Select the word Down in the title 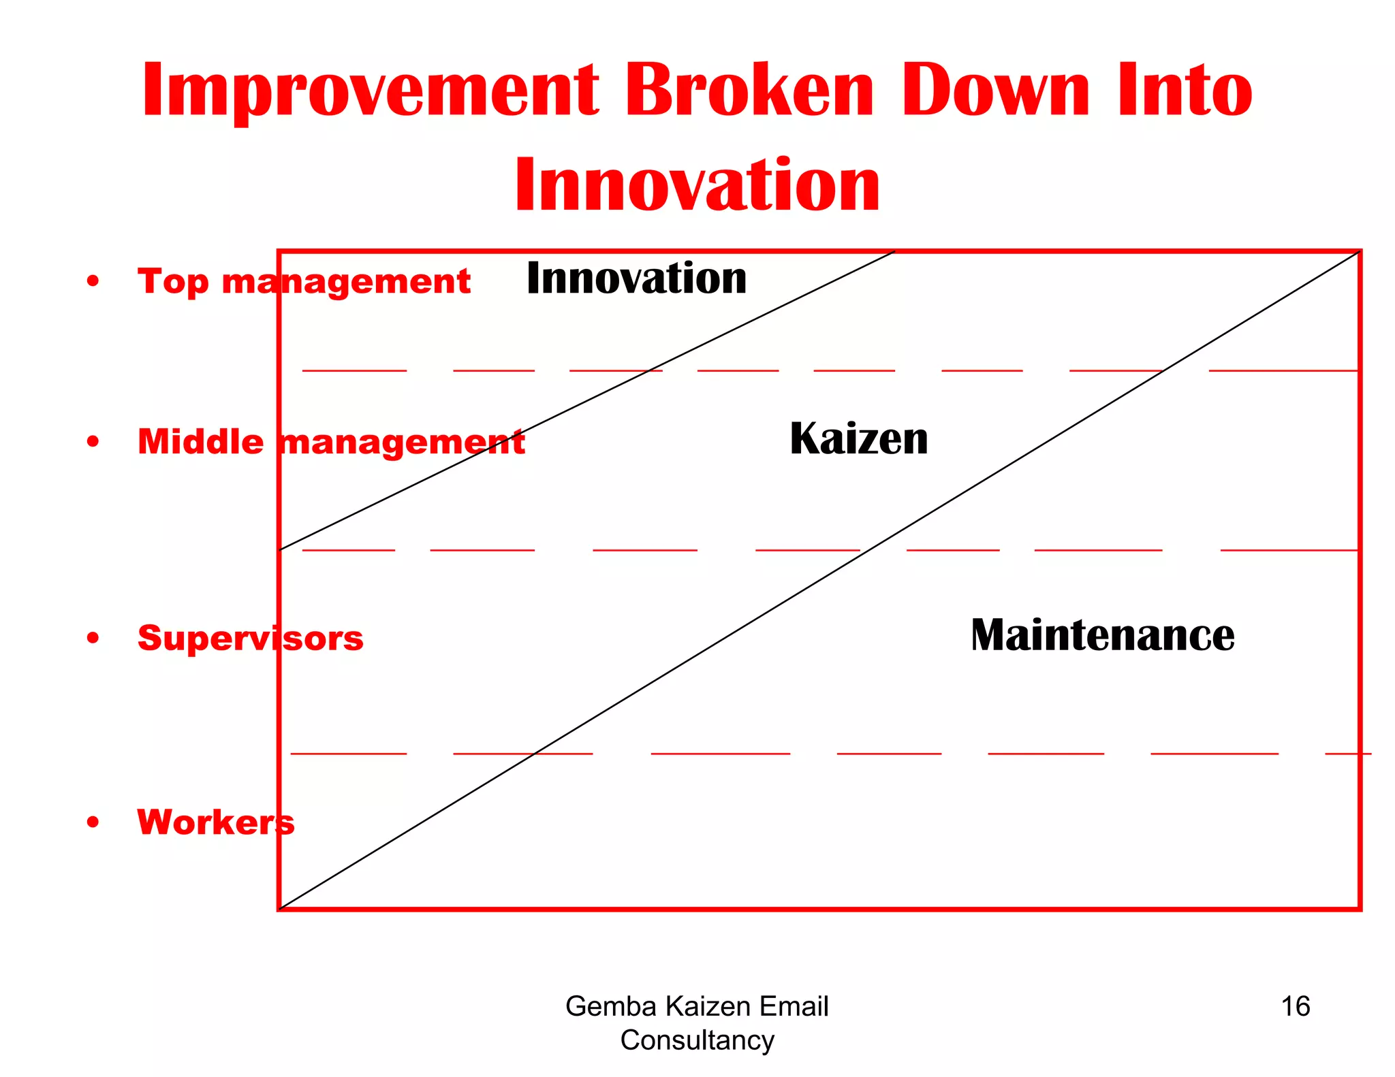[x=997, y=91]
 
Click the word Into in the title [x=1185, y=91]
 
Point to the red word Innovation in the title [x=697, y=185]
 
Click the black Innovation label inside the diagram [x=636, y=278]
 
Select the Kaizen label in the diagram [x=858, y=439]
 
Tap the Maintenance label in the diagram [x=1102, y=635]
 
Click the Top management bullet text [x=304, y=282]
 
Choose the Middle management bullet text [x=331, y=443]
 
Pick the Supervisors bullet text [x=250, y=639]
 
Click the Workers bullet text [x=216, y=822]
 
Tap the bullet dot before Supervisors [x=93, y=638]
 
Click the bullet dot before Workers [x=93, y=822]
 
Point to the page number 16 [x=1295, y=1006]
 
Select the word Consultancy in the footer [x=697, y=1040]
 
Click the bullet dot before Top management [x=93, y=281]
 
